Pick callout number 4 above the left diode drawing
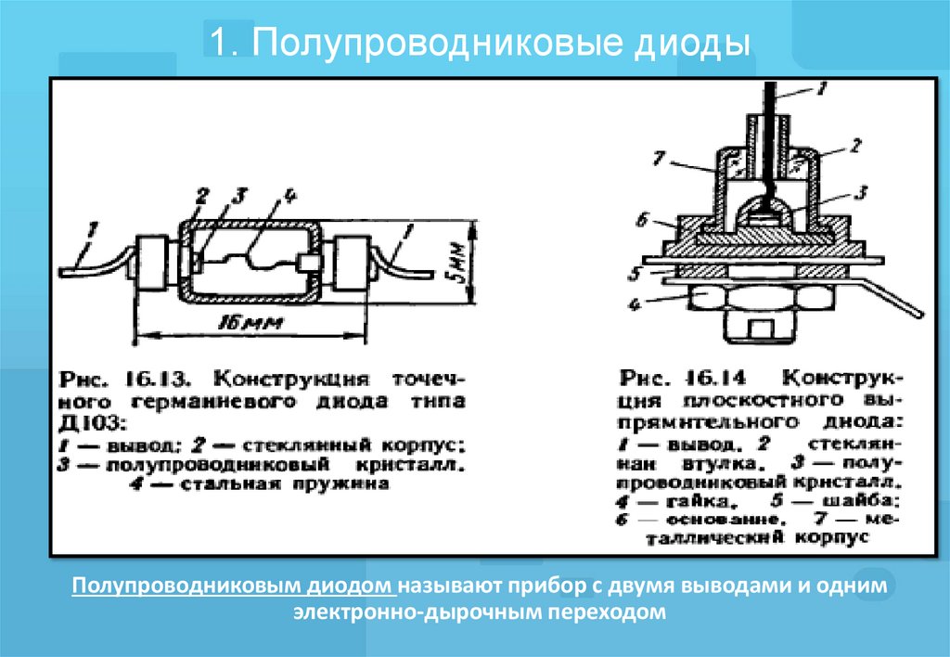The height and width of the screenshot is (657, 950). tap(289, 196)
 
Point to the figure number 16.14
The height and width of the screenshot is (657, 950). tap(717, 380)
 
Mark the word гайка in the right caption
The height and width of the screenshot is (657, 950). tap(687, 502)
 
